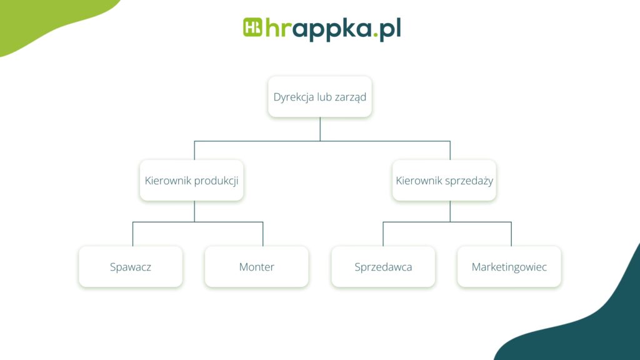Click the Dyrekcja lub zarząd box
tap(320, 97)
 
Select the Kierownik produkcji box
tap(191, 181)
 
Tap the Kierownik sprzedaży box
tap(444, 181)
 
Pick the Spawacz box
tap(131, 267)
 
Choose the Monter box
tap(256, 267)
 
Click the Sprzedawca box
tap(383, 267)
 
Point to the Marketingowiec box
tap(509, 267)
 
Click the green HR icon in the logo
tap(252, 28)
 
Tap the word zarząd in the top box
tap(350, 97)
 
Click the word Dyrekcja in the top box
tap(294, 97)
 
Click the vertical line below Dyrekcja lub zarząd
tap(320, 129)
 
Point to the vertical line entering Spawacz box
tap(132, 234)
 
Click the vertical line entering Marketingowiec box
tap(511, 234)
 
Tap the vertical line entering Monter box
tap(262, 234)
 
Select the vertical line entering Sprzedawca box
tap(383, 234)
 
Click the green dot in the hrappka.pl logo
tap(376, 37)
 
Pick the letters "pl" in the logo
tap(390, 29)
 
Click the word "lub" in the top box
tap(326, 97)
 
